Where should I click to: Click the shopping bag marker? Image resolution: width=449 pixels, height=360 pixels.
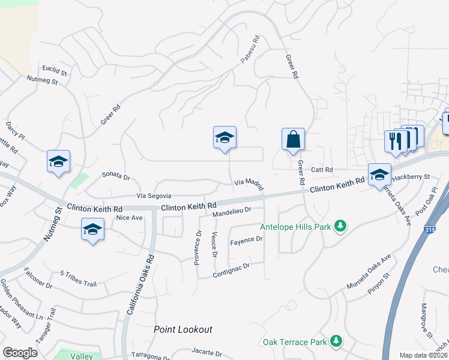293,140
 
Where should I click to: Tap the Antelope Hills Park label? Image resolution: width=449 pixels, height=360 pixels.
295,227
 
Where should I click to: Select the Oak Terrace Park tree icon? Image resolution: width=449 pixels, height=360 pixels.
336,342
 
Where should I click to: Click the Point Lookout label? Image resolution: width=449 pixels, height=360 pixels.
183,329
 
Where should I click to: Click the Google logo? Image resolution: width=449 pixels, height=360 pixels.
20,353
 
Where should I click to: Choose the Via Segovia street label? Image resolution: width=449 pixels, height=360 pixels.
154,196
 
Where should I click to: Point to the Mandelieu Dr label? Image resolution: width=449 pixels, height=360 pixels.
231,211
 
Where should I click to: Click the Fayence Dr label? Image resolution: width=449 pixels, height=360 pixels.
247,240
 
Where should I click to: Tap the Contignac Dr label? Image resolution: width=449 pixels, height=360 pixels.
231,269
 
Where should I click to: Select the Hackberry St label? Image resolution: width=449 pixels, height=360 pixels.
411,177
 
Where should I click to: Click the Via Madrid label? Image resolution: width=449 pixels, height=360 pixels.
249,183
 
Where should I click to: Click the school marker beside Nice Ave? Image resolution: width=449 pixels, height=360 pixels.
92,230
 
